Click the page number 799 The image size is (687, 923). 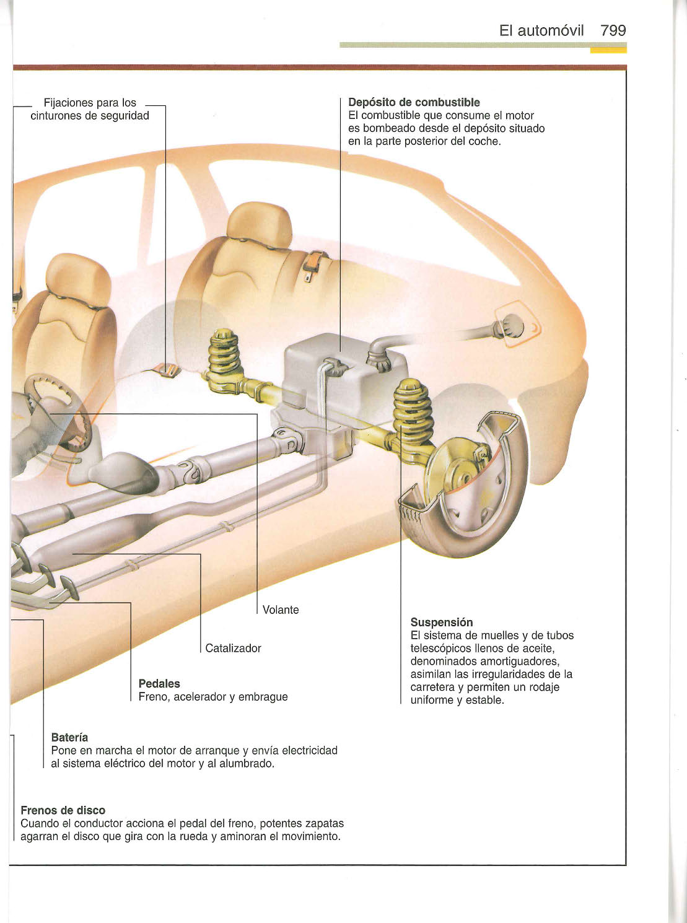pyautogui.click(x=613, y=30)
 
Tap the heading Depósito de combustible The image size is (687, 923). pyautogui.click(x=414, y=102)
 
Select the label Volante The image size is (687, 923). pyautogui.click(x=281, y=610)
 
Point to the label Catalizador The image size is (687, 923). pyautogui.click(x=233, y=649)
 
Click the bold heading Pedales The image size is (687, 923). pyautogui.click(x=159, y=684)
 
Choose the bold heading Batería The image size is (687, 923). pyautogui.click(x=69, y=738)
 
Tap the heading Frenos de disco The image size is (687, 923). pyautogui.click(x=63, y=810)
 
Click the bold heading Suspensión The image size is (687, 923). pyautogui.click(x=442, y=623)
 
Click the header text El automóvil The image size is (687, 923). pyautogui.click(x=541, y=30)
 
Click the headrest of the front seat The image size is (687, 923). pyautogui.click(x=79, y=276)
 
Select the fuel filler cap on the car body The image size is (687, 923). pyautogui.click(x=513, y=325)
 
